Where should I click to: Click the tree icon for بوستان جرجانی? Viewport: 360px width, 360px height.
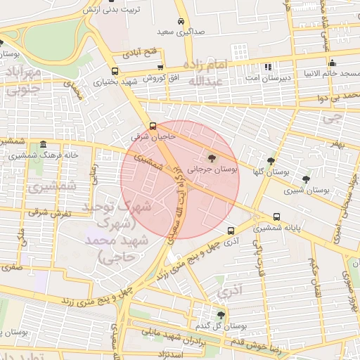click(213, 158)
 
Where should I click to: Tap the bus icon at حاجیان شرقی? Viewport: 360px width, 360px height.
click(154, 127)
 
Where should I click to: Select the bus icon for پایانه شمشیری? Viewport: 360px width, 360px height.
click(276, 217)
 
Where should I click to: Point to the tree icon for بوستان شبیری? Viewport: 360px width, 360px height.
click(304, 179)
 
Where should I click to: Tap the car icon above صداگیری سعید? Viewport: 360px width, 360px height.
click(181, 21)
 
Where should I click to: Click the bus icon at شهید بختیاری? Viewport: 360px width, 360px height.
click(115, 71)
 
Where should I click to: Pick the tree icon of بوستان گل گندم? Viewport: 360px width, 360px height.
click(221, 315)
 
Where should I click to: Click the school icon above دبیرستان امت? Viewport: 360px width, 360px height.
click(267, 67)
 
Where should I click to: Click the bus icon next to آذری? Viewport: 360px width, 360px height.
click(231, 231)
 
